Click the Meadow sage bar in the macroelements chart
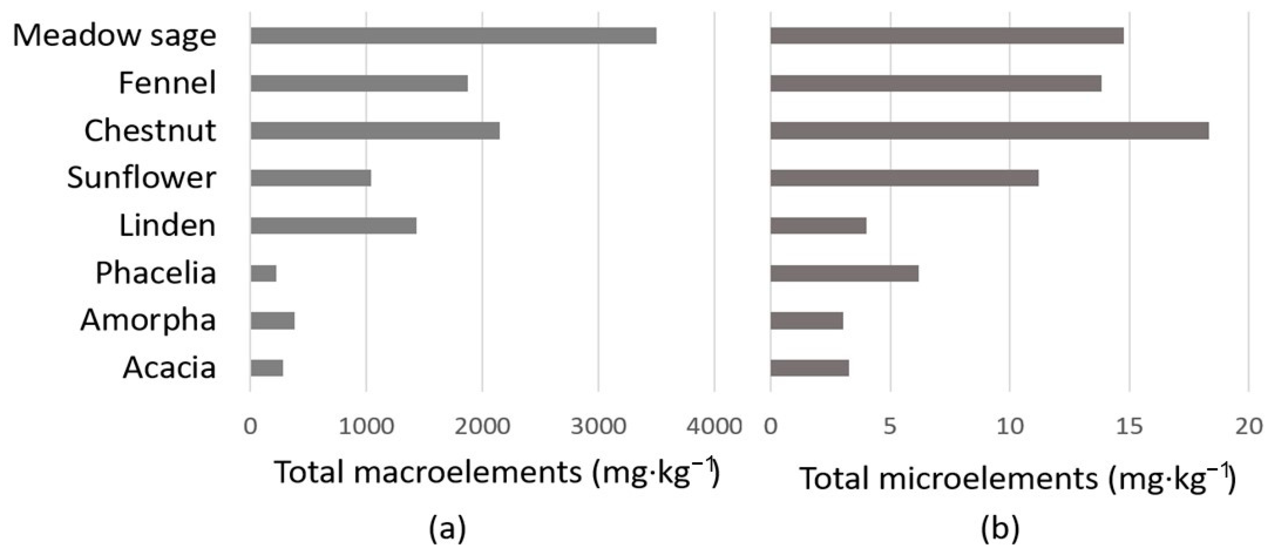453,35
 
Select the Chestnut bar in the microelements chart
989,131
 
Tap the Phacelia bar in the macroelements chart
263,274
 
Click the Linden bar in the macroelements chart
333,226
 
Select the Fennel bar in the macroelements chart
359,83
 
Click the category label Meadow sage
115,35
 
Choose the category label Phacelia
156,273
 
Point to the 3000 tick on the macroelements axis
598,426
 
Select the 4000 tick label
714,426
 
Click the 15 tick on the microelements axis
1129,426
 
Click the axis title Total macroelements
496,472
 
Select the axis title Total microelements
1017,478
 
